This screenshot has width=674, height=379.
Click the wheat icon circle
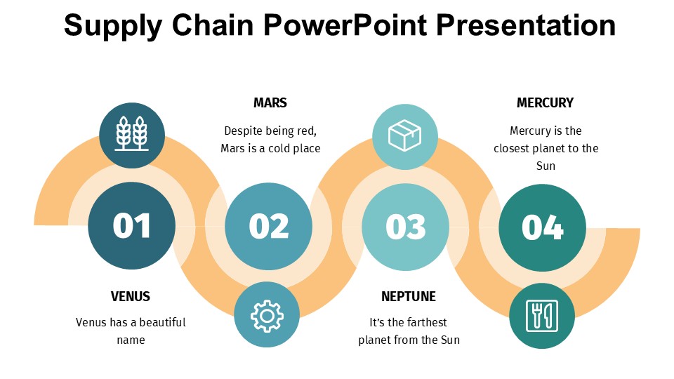click(x=132, y=135)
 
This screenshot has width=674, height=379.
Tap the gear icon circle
click(x=267, y=314)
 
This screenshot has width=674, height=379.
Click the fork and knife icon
click(x=541, y=316)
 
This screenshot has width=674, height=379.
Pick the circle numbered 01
click(x=132, y=226)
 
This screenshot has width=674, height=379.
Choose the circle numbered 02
click(x=268, y=226)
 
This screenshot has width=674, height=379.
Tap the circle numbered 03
click(x=405, y=227)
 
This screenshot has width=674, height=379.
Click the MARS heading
click(x=270, y=103)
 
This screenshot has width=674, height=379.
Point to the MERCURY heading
click(x=545, y=103)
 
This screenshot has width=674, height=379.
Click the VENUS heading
click(x=131, y=296)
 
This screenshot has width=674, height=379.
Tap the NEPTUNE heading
click(x=409, y=296)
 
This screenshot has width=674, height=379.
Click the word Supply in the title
click(x=106, y=26)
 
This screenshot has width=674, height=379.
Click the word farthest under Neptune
click(x=423, y=323)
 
